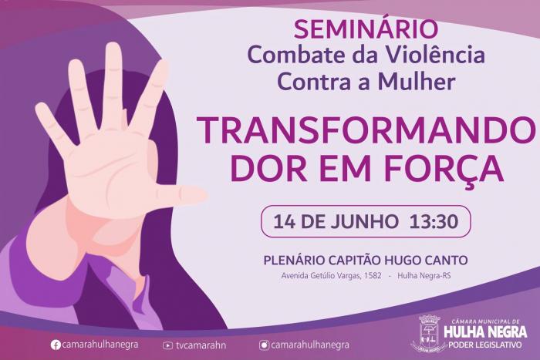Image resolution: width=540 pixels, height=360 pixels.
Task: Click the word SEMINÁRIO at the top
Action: [x=366, y=29]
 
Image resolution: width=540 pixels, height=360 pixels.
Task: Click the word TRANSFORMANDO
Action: [x=366, y=130]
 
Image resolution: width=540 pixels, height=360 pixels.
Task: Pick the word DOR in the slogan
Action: [x=268, y=169]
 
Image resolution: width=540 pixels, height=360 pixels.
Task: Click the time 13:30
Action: [x=434, y=221]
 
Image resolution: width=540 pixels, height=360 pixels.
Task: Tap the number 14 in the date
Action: [x=285, y=221]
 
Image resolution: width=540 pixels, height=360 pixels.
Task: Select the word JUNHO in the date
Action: [x=364, y=221]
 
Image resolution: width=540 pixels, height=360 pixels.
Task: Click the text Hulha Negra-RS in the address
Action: [x=424, y=276]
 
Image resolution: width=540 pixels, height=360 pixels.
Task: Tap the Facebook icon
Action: [x=56, y=345]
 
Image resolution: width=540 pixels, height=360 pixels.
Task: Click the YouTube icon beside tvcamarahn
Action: [x=167, y=345]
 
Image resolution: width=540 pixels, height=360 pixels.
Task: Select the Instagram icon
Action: [x=264, y=345]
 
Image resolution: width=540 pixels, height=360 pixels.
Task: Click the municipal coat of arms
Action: [x=429, y=333]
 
